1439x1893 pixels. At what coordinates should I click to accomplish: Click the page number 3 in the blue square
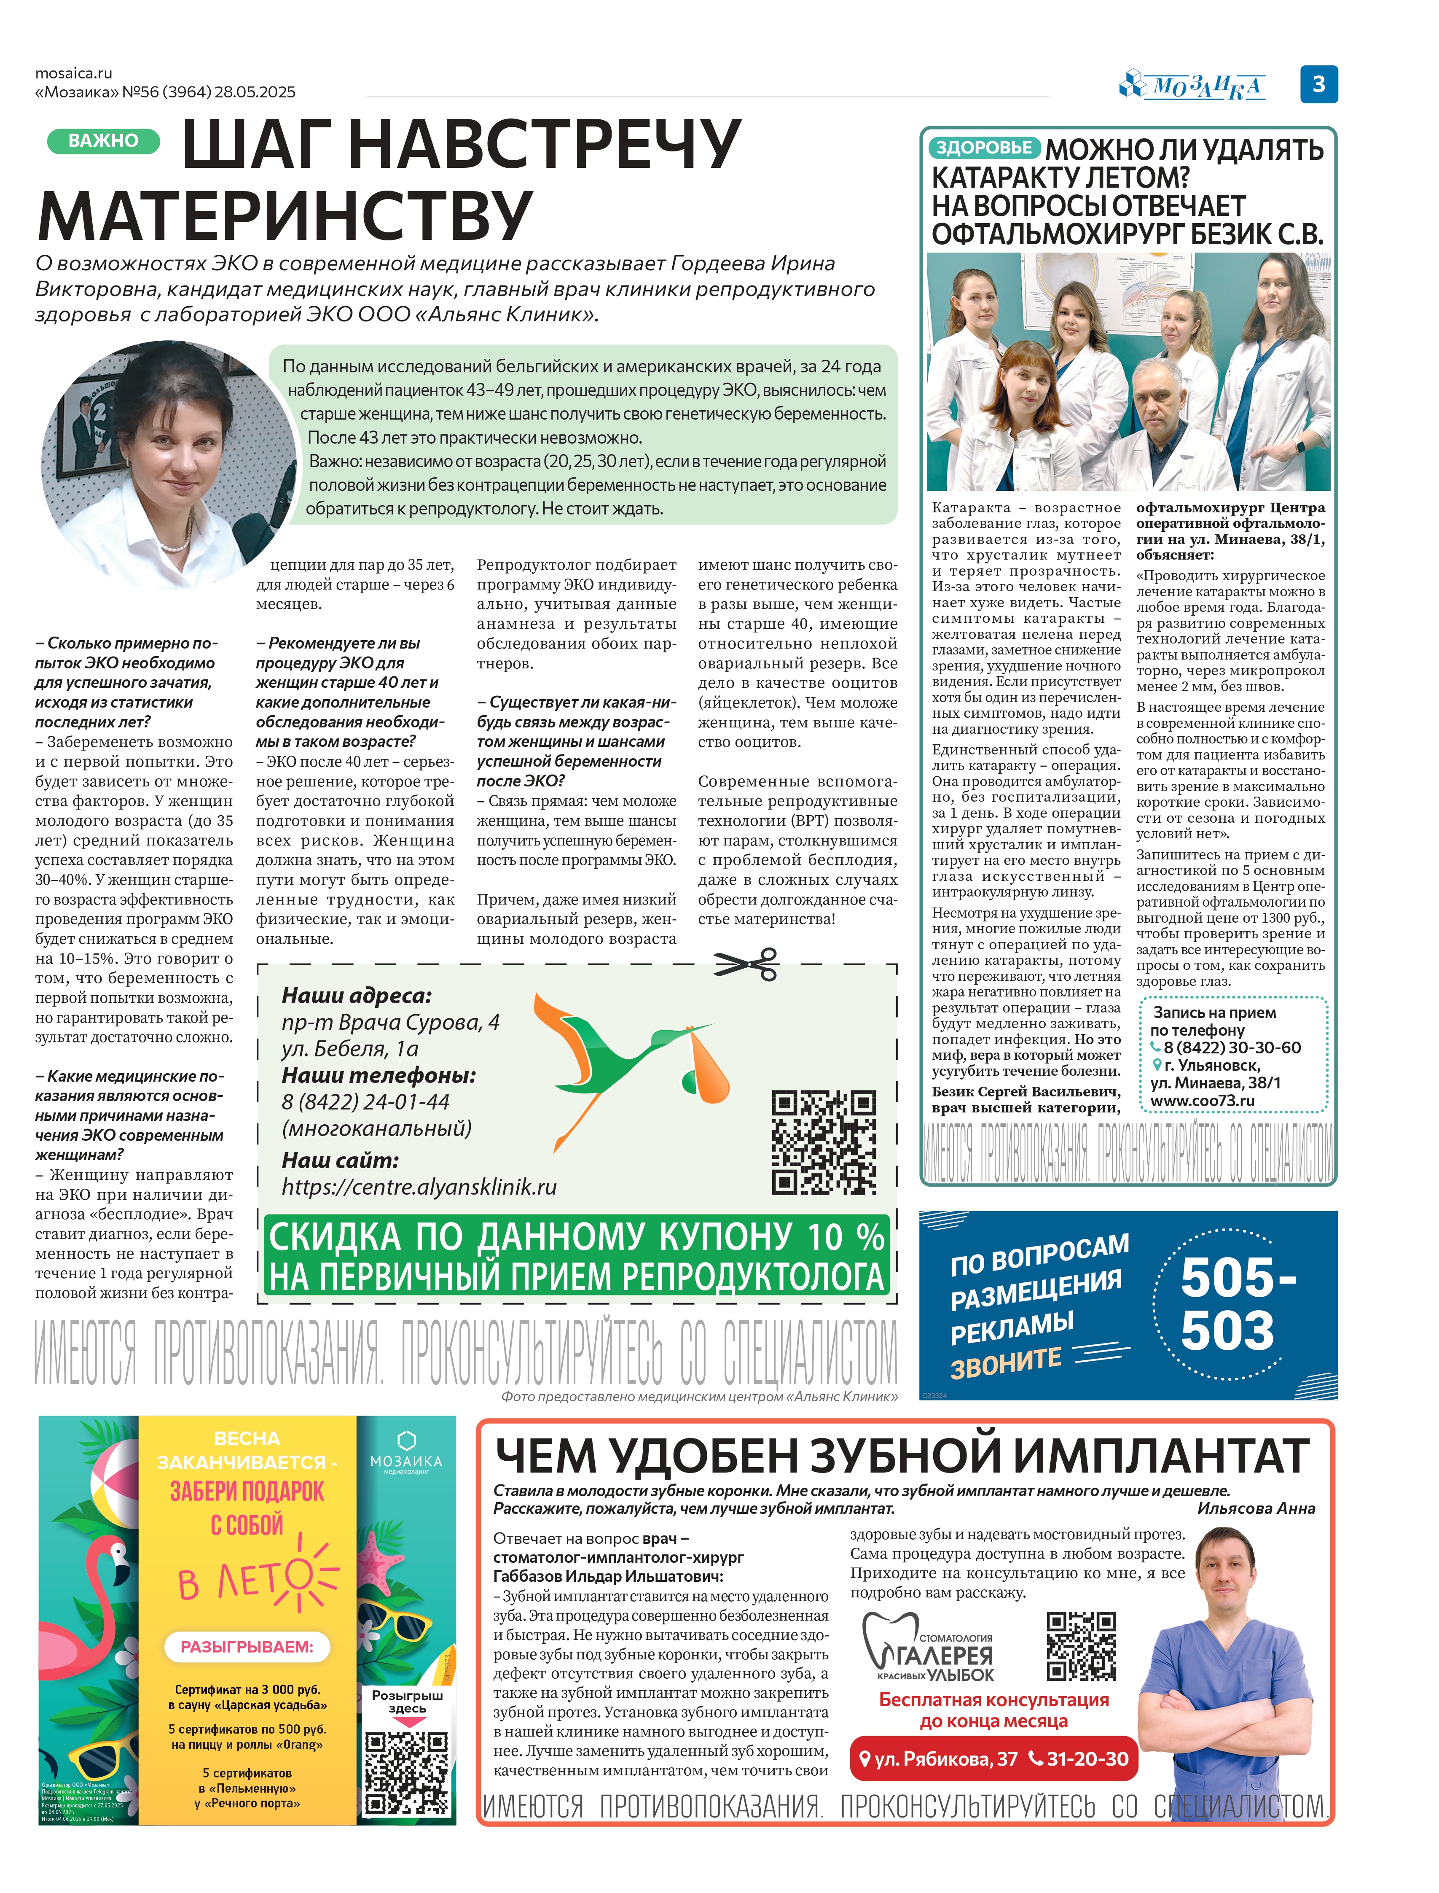[x=1318, y=84]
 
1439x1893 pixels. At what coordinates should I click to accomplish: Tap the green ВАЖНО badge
[x=103, y=140]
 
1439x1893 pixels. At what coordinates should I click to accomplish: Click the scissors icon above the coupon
[x=746, y=964]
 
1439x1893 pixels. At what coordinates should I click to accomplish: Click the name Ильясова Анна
[x=1256, y=1508]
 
